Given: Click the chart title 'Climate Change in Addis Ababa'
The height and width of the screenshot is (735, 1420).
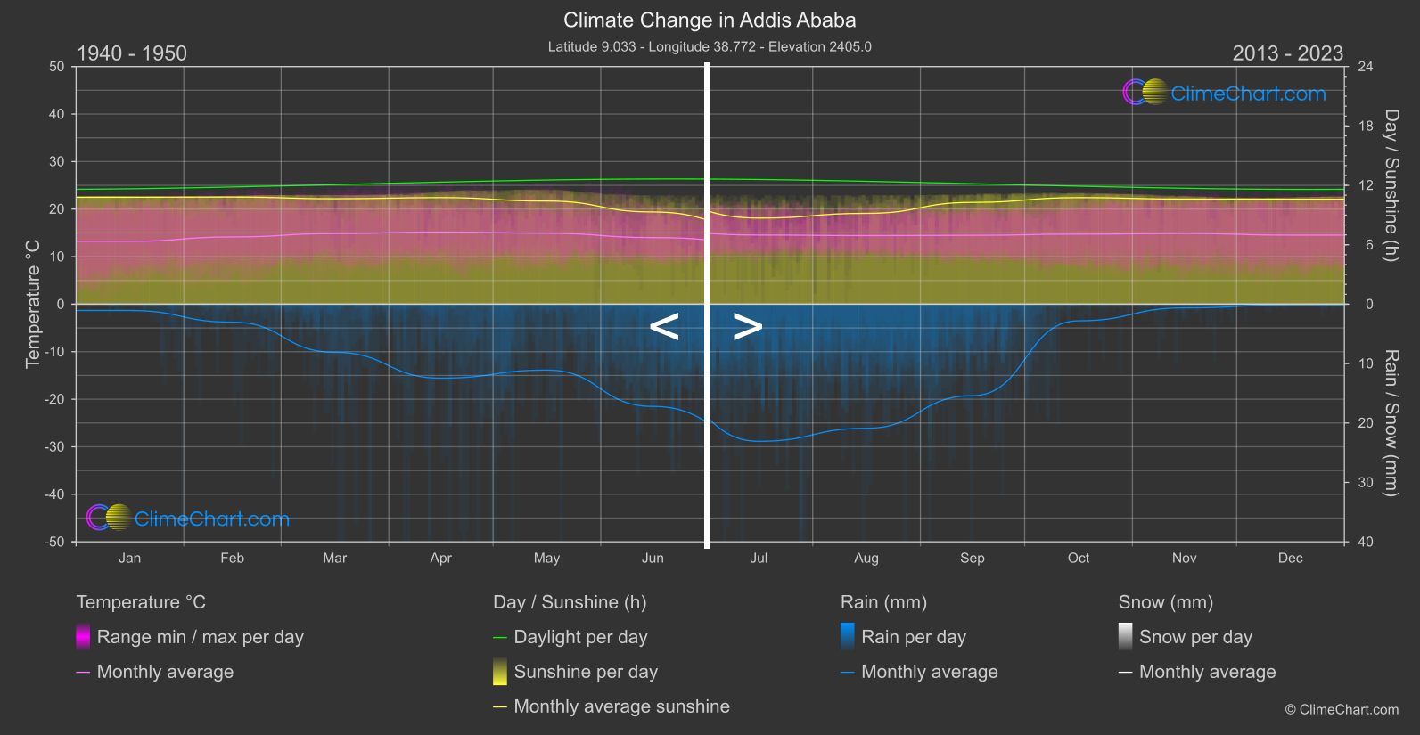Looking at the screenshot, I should coord(710,20).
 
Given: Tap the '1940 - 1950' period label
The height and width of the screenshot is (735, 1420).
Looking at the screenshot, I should coord(132,53).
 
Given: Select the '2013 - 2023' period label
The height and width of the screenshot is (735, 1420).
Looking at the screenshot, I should coord(1287,53).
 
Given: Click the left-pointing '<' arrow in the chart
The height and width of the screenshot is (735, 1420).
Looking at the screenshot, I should coord(664,327).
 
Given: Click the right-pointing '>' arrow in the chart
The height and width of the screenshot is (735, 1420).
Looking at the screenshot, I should coord(748,327).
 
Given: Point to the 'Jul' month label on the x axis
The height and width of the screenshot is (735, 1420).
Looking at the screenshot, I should coord(759,559).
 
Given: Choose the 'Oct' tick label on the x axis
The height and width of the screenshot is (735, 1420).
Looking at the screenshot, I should coord(1079,559).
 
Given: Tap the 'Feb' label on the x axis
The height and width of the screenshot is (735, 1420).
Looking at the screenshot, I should coord(232,559).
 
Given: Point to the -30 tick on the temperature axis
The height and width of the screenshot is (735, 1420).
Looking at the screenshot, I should coord(55,447).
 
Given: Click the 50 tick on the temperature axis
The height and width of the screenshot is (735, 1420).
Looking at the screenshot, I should coord(57,67).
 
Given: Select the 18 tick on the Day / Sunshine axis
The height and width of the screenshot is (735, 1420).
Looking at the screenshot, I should coord(1366,127).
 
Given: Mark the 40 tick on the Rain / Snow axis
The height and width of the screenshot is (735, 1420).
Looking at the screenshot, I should coord(1366,542).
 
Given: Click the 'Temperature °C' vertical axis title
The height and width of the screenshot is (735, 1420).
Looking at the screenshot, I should coord(33,304).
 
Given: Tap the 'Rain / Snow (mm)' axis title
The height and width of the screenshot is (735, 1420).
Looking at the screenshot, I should coord(1391,422).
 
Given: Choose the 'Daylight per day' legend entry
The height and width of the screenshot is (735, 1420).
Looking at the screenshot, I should coord(580,637).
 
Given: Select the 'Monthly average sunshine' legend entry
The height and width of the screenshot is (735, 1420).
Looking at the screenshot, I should coord(621,706).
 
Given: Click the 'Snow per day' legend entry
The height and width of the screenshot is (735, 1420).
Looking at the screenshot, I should coord(1195,637).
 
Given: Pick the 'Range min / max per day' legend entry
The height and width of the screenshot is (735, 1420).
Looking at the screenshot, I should coord(200,637).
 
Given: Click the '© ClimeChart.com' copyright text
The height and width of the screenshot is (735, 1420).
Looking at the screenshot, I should coord(1342,710).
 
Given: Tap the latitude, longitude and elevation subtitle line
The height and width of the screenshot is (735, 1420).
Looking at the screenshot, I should coord(710,47).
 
